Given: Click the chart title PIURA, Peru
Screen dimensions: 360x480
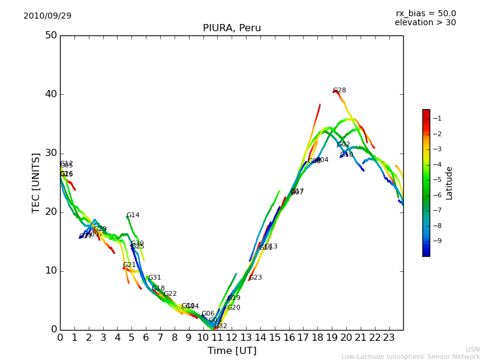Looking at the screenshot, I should coord(232,28).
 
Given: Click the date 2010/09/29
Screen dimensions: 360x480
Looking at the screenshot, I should coord(47,16).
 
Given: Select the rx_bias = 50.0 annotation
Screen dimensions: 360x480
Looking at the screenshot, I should coord(425,14).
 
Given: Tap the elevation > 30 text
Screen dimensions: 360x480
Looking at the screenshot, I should coord(425,23).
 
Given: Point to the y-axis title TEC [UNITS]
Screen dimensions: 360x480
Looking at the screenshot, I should coord(37,182).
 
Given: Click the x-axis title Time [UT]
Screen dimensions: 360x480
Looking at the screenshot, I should coord(232,351).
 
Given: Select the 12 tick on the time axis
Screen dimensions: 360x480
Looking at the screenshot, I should coord(232,337).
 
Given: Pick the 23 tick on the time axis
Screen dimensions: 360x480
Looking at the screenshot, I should coord(389,337).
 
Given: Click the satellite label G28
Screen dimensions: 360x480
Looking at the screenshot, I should coord(340,91).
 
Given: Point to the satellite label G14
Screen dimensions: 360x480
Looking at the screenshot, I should coord(133,215).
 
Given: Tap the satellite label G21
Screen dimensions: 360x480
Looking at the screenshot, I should coord(130,265).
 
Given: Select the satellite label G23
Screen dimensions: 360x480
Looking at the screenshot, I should coord(256,278).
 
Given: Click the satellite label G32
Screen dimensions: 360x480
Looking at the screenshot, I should coord(221,326).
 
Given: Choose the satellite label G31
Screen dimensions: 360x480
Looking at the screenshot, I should coord(155,278).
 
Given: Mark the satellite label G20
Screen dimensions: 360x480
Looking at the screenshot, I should coord(233,308).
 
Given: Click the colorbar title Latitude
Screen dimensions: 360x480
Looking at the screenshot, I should coord(449,183).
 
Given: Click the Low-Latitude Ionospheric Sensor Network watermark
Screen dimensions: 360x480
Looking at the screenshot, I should coord(410,357).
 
